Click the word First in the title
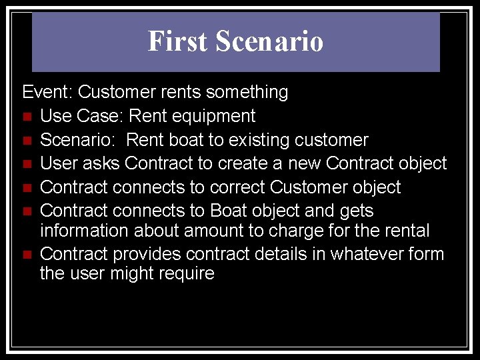click(177, 41)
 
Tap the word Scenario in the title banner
click(269, 41)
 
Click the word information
click(85, 231)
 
